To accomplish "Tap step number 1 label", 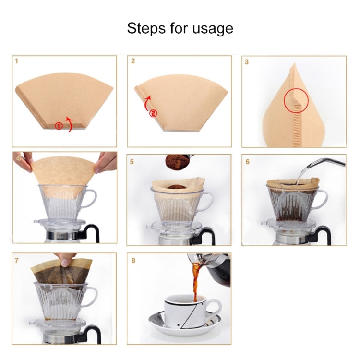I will (17, 62).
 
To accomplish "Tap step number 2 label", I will (133, 62).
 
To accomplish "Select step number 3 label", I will (246, 62).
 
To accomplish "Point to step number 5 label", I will (132, 162).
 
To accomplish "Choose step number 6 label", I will (247, 162).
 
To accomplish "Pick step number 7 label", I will (17, 261).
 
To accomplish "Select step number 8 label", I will (133, 261).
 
